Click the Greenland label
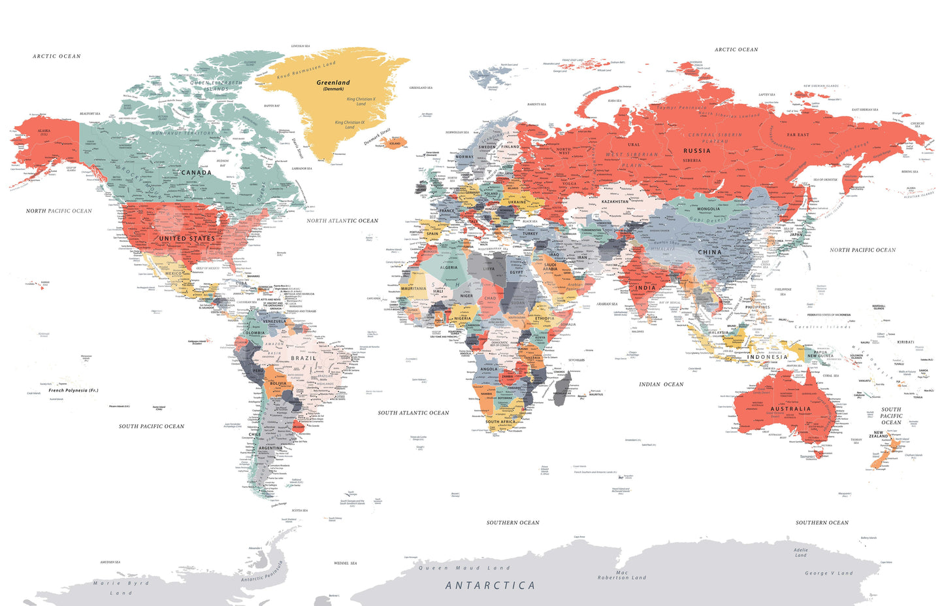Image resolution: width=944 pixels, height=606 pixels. [333, 83]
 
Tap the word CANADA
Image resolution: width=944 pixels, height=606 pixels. [196, 173]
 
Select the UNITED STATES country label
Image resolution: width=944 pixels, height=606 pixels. [187, 239]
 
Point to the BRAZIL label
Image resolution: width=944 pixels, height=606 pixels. [304, 358]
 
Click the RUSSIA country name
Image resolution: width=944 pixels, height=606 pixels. [696, 151]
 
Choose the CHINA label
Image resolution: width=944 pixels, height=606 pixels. [710, 252]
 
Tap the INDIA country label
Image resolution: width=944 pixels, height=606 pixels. [645, 288]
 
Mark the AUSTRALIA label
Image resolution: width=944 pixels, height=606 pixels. [790, 409]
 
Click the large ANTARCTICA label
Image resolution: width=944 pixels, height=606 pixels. [490, 586]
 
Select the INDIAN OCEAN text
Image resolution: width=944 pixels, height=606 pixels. [661, 384]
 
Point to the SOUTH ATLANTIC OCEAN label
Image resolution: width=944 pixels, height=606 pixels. [414, 413]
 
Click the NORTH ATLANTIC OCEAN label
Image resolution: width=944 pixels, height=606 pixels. [342, 221]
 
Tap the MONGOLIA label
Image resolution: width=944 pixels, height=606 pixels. [708, 209]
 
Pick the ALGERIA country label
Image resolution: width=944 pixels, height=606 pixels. [449, 267]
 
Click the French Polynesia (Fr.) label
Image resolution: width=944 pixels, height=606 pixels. [73, 390]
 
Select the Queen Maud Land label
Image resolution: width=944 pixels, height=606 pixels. [464, 568]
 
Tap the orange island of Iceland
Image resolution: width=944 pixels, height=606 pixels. [394, 143]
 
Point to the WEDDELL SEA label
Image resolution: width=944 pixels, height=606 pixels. [345, 563]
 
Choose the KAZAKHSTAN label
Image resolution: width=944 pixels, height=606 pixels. [615, 202]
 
